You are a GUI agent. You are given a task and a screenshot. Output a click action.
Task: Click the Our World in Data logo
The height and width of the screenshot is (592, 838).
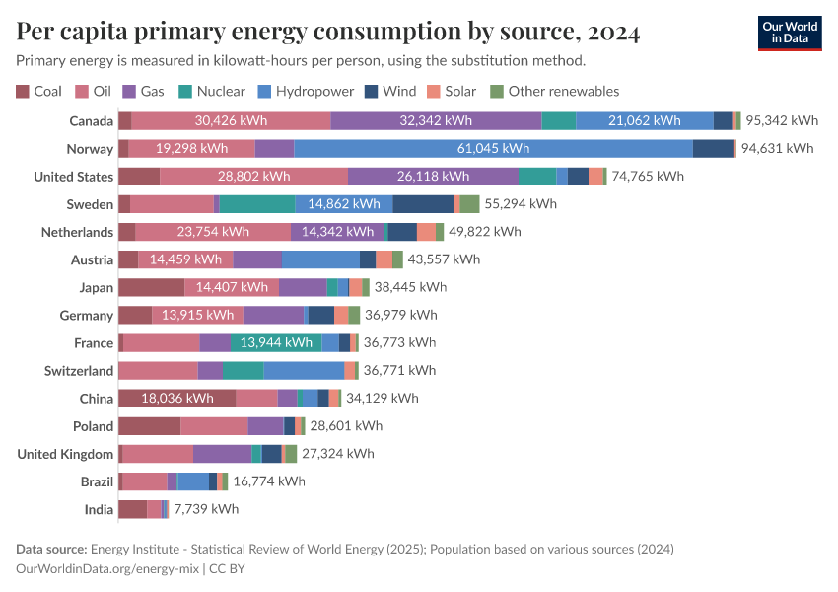pyautogui.click(x=789, y=33)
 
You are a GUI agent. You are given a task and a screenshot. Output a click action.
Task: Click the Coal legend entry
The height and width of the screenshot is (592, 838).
pyautogui.click(x=39, y=91)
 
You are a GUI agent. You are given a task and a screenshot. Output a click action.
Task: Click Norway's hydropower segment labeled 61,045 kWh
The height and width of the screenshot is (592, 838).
pyautogui.click(x=493, y=149)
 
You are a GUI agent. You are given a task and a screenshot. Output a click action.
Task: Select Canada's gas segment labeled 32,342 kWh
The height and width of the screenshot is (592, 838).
pyautogui.click(x=436, y=121)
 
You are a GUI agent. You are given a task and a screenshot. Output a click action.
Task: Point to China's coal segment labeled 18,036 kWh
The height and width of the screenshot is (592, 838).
pyautogui.click(x=176, y=399)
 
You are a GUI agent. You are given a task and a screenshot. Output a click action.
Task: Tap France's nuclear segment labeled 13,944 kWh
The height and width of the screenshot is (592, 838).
pyautogui.click(x=276, y=342)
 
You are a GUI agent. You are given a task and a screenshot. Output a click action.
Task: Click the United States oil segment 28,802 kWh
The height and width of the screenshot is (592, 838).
pyautogui.click(x=253, y=177)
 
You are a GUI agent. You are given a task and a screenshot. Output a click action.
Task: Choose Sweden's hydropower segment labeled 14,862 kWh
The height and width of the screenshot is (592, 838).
pyautogui.click(x=344, y=204)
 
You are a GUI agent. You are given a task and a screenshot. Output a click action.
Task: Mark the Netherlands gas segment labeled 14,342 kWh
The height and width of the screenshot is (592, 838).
pyautogui.click(x=337, y=232)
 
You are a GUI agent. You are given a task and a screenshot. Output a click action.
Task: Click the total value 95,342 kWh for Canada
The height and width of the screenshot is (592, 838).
pyautogui.click(x=782, y=121)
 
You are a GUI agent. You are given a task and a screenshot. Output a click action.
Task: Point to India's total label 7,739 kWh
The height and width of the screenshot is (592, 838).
pyautogui.click(x=206, y=509)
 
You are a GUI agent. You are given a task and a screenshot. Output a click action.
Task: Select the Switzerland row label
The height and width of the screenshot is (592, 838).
pyautogui.click(x=79, y=371)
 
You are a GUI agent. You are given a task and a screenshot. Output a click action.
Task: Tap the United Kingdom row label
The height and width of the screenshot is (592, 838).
pyautogui.click(x=66, y=454)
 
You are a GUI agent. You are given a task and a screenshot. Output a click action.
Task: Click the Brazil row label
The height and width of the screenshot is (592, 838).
pyautogui.click(x=97, y=481)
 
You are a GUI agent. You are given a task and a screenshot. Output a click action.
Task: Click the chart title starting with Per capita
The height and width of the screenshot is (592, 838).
pyautogui.click(x=328, y=33)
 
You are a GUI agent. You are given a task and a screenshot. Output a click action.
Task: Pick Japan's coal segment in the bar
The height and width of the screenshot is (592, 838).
pyautogui.click(x=151, y=287)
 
